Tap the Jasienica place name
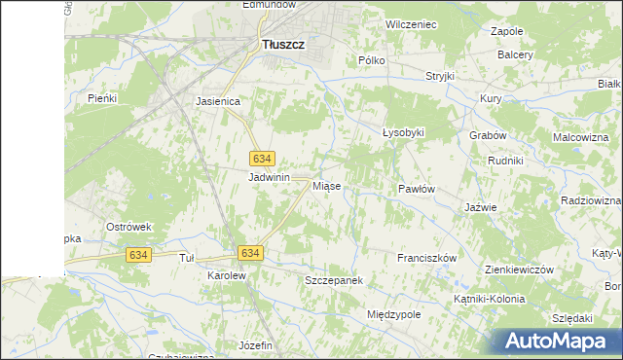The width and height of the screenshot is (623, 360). [x=218, y=100]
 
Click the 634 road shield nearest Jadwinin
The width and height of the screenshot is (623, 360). [x=261, y=159]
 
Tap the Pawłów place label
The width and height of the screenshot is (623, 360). [x=416, y=189]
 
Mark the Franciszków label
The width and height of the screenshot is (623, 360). [x=427, y=258]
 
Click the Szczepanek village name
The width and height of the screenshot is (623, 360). [x=334, y=280]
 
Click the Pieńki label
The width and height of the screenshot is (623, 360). [x=102, y=98]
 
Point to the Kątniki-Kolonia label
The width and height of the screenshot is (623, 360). [x=491, y=300]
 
